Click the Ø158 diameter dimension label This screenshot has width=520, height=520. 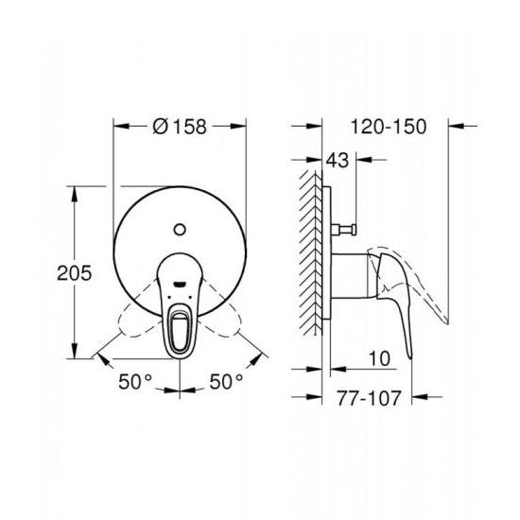tap(180, 127)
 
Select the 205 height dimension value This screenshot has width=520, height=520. tap(74, 273)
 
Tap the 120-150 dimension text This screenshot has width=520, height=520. tap(389, 127)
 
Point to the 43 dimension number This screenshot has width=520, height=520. tap(338, 160)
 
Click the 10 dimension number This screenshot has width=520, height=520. tap(380, 358)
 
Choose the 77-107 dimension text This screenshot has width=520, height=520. tap(369, 398)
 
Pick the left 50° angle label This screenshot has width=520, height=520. tap(135, 381)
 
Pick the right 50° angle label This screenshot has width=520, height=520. tap(226, 381)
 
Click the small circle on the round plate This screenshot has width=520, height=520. tap(180, 230)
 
